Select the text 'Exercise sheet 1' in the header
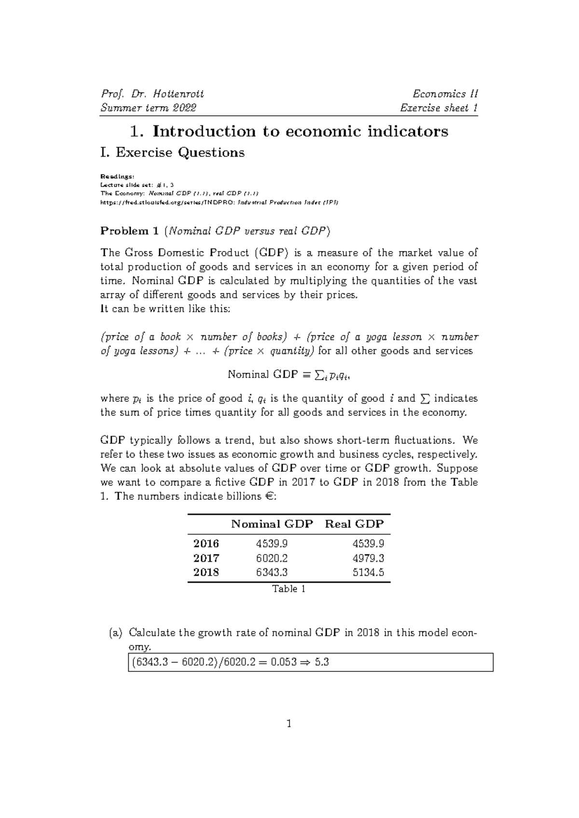tap(439, 108)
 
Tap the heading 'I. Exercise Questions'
tap(172, 152)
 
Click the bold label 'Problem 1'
tap(129, 231)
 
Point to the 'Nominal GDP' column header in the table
tap(272, 524)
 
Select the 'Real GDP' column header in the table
tap(355, 524)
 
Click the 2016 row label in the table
tap(206, 544)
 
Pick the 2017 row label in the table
tap(206, 558)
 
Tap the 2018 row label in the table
tap(206, 573)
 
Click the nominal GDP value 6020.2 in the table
tap(272, 558)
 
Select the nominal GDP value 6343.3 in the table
tap(272, 573)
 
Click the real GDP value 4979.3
tap(368, 558)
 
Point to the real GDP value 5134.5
tap(368, 573)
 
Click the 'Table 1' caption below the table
tap(289, 589)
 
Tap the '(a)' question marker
tap(116, 632)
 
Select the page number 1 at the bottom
tap(289, 723)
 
